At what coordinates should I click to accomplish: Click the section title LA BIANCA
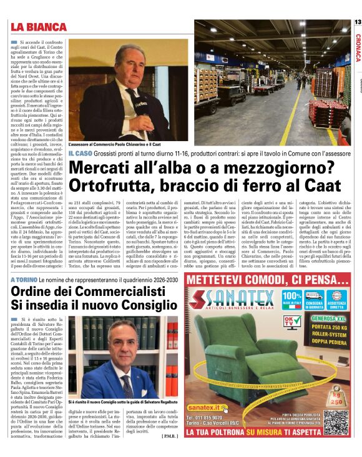[38, 27]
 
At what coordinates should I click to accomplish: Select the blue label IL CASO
[81, 153]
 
